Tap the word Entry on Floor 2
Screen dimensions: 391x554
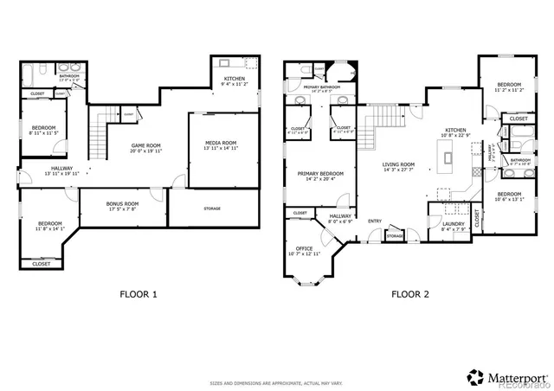375,221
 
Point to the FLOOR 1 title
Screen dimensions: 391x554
138,294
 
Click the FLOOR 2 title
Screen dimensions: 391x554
409,294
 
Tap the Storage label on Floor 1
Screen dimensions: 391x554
211,208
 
